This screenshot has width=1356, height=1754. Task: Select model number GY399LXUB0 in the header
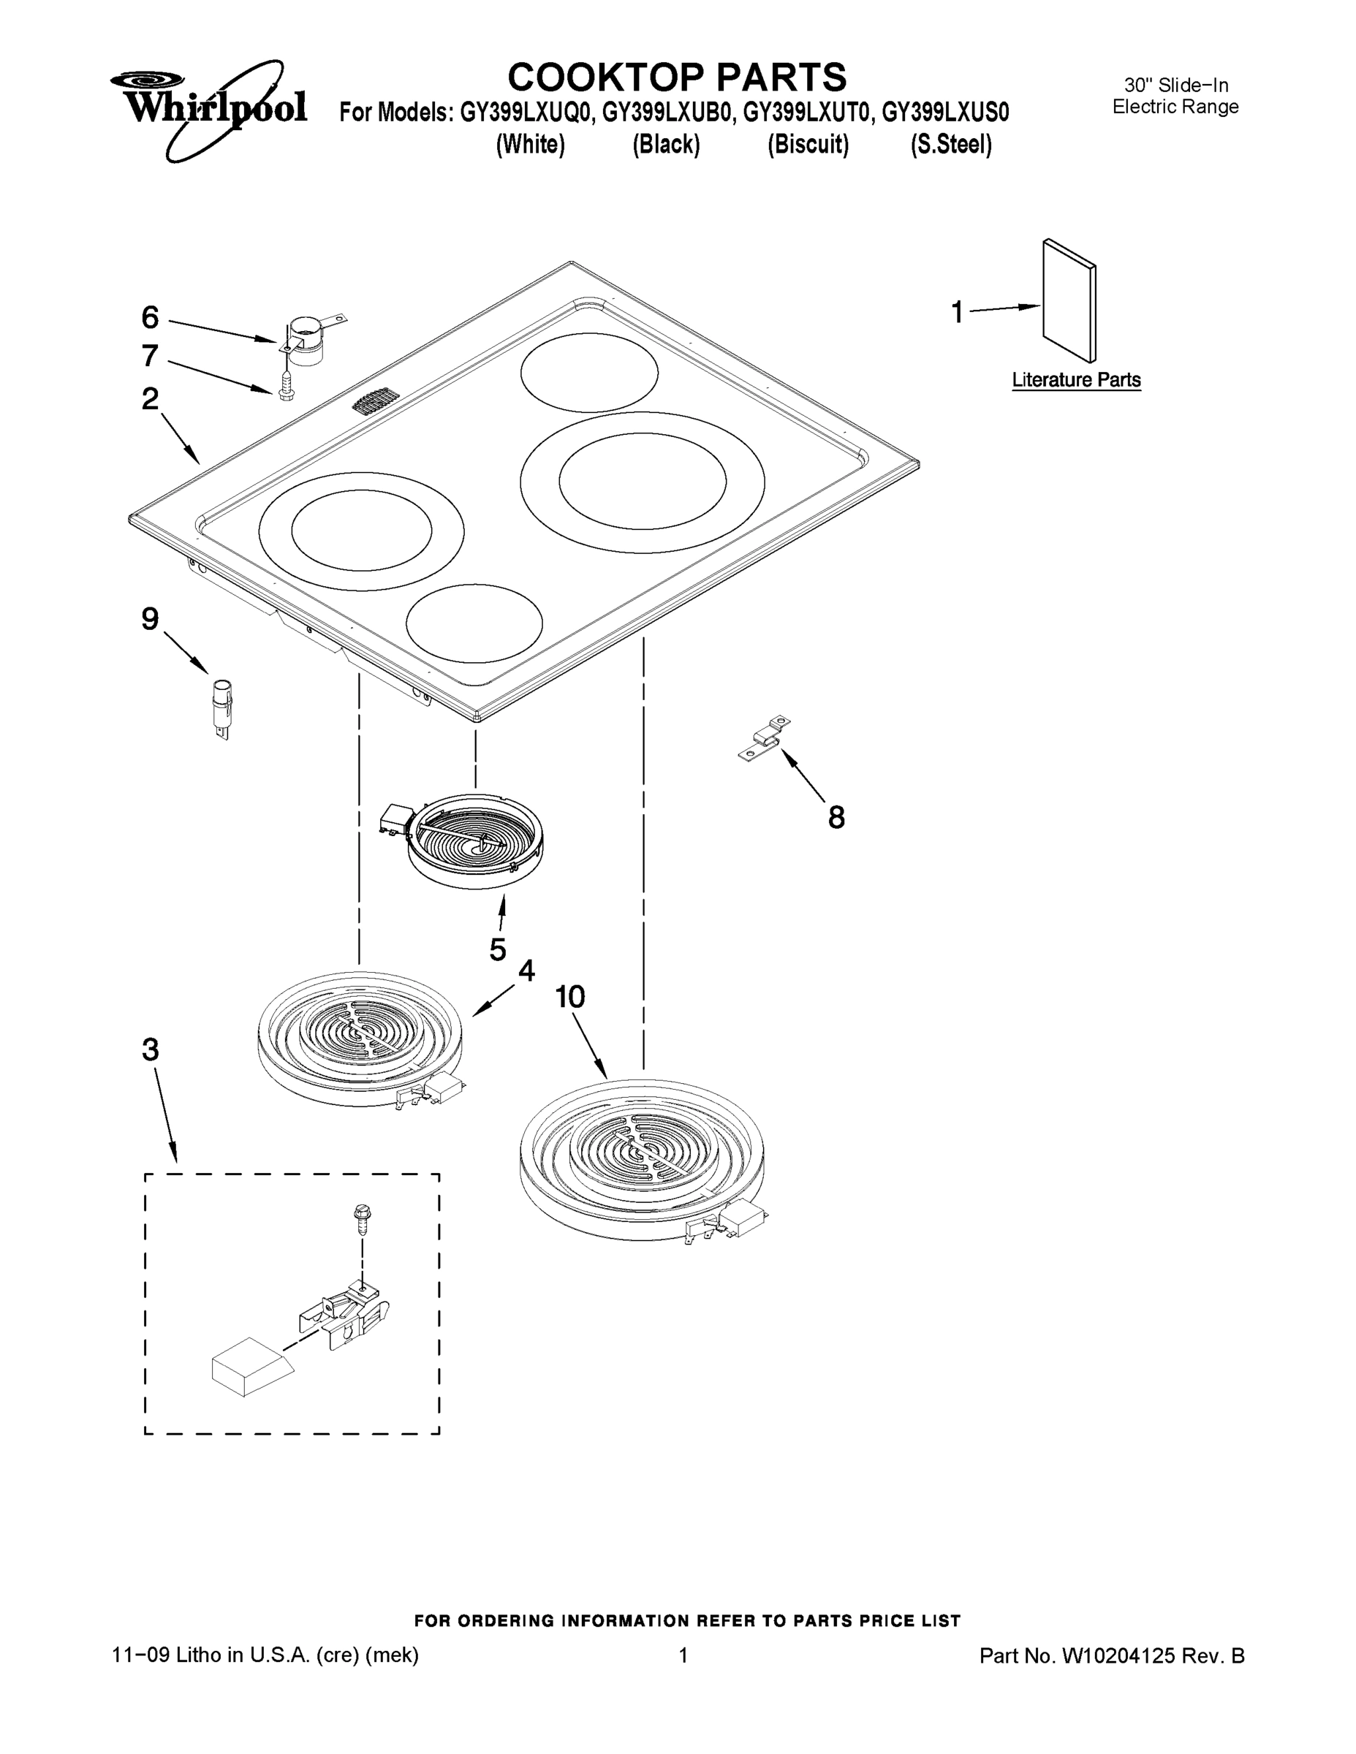[667, 113]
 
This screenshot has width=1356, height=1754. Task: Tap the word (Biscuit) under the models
[808, 145]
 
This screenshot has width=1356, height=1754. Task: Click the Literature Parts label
[1075, 380]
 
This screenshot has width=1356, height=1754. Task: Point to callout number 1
[957, 311]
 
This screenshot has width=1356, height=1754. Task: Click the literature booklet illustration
[1069, 301]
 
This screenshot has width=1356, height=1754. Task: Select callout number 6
[151, 318]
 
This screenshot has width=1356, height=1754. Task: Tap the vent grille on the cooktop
[376, 401]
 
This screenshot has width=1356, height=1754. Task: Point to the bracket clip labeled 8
[765, 737]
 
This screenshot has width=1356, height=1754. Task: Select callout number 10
[570, 997]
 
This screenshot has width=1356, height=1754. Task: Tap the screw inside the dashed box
[362, 1218]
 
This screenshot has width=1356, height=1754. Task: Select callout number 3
[151, 1049]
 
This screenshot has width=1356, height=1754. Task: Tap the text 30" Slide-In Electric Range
[1175, 96]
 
